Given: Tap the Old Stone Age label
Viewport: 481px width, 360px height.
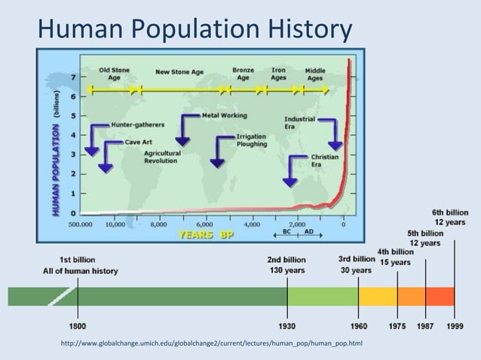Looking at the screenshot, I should [x=114, y=74].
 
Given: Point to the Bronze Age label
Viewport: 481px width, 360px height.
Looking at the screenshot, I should [x=243, y=74].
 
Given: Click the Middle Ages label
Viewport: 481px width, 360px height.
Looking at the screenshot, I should [x=315, y=74].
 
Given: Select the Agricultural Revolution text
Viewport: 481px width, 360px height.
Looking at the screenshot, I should [x=161, y=156].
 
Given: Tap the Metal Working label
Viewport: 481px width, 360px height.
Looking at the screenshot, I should [x=224, y=116].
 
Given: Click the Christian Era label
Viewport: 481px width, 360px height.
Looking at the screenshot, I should [x=324, y=160].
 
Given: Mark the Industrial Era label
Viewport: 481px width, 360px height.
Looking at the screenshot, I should [x=299, y=123].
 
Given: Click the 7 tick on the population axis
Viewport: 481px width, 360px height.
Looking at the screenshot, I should [x=73, y=78].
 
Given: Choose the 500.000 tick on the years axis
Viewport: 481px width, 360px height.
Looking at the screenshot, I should [x=81, y=224].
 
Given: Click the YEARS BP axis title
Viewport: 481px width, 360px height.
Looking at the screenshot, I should [x=206, y=234].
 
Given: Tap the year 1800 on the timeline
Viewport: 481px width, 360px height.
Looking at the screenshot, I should [x=78, y=326].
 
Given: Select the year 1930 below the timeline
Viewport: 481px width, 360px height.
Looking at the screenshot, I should [x=286, y=326].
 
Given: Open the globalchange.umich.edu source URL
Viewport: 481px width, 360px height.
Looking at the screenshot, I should [x=205, y=344].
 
